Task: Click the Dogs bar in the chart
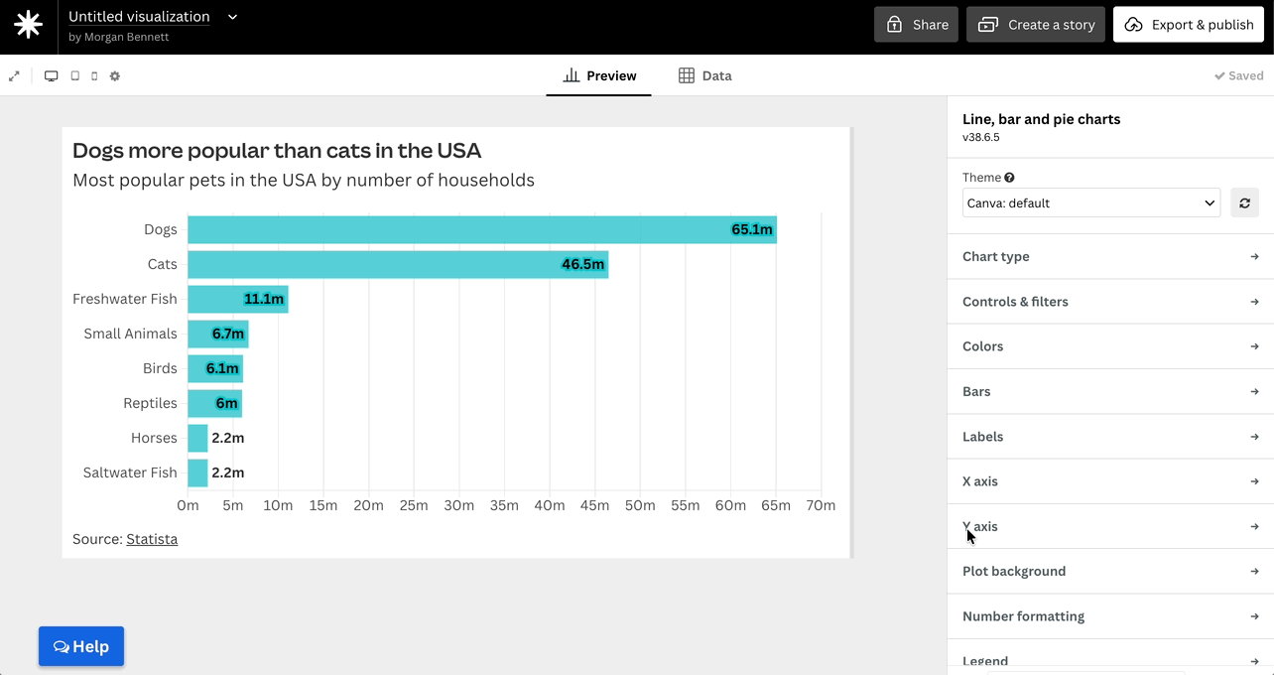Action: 482,229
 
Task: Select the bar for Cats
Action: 398,264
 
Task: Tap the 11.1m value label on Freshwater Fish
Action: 263,299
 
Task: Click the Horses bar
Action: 197,438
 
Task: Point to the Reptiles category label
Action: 150,403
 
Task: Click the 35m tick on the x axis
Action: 504,505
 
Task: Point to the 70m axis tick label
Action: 821,505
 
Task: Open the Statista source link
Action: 152,539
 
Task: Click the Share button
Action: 916,25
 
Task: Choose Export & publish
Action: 1189,25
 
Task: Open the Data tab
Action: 705,75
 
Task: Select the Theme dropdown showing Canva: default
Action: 1090,202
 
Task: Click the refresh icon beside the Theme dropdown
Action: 1244,202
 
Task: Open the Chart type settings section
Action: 1110,256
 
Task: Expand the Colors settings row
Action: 1110,346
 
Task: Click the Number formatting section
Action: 1110,615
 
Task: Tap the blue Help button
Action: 81,646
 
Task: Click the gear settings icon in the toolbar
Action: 115,75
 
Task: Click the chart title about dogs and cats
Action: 277,150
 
